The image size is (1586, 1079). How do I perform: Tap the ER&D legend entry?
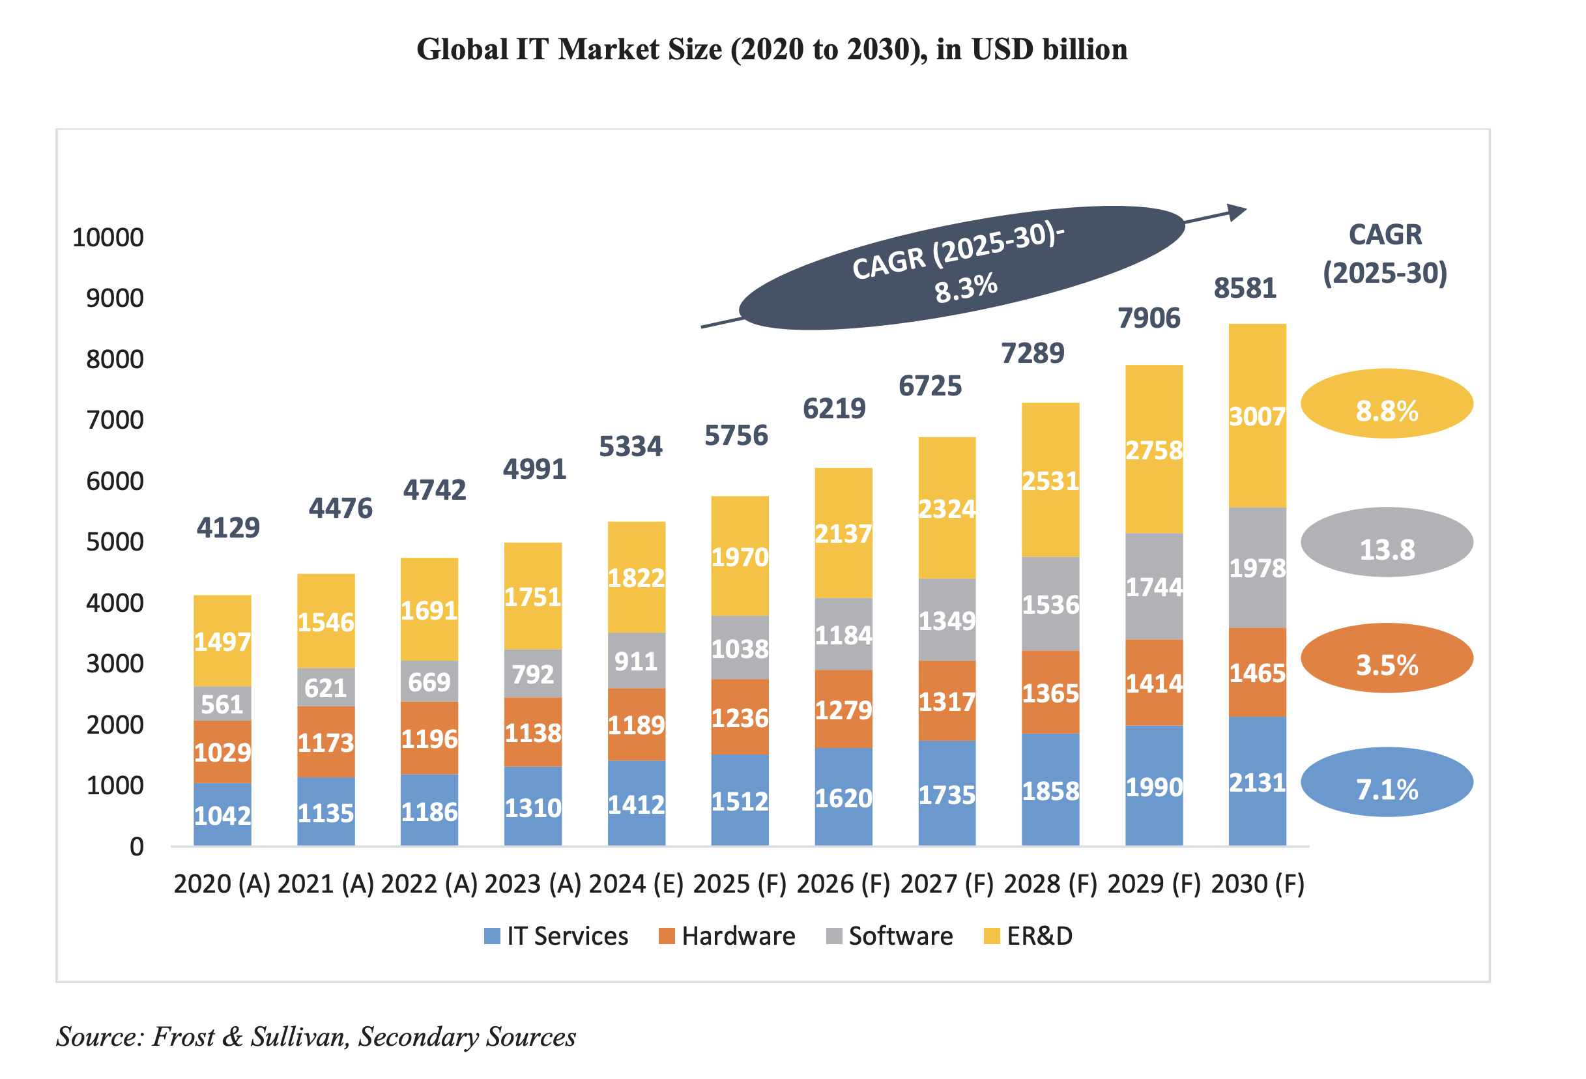click(1029, 936)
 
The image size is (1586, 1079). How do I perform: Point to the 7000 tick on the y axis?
click(115, 420)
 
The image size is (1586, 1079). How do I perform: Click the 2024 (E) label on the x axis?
click(636, 884)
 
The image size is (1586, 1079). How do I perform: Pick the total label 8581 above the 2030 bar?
click(1244, 288)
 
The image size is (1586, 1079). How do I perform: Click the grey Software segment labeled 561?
click(222, 704)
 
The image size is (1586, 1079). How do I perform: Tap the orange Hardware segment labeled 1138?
click(532, 732)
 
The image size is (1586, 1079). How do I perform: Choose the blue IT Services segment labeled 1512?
click(740, 800)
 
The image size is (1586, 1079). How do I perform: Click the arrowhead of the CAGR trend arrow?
click(1237, 212)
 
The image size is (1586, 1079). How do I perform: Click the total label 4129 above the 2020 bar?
click(228, 528)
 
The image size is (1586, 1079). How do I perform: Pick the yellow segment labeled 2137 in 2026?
click(844, 533)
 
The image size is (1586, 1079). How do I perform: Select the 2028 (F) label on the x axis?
click(1050, 884)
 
